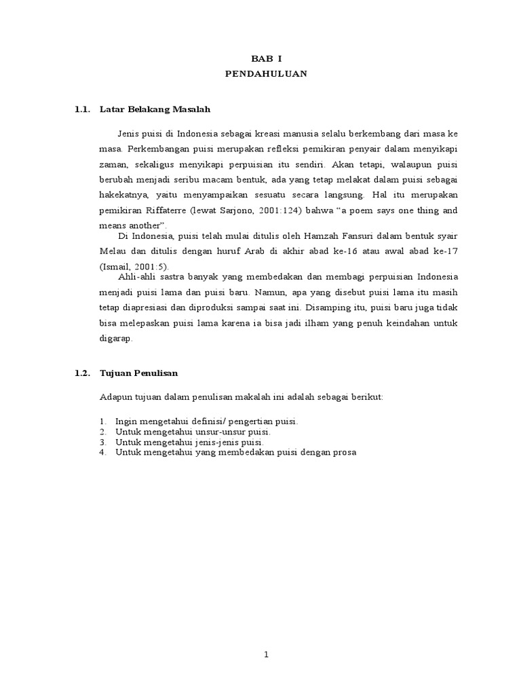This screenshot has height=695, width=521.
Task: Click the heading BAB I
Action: pyautogui.click(x=266, y=60)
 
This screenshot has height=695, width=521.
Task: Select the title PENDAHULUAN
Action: pyautogui.click(x=266, y=74)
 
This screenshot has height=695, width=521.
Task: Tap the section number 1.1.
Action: pyautogui.click(x=83, y=109)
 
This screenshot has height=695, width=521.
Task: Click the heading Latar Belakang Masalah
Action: pyautogui.click(x=155, y=109)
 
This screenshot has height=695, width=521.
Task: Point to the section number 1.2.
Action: pyautogui.click(x=83, y=373)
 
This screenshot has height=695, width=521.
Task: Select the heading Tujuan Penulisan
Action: pyautogui.click(x=138, y=373)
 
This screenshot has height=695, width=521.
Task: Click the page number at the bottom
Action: pyautogui.click(x=267, y=654)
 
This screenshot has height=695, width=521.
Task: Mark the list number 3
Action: pyautogui.click(x=102, y=442)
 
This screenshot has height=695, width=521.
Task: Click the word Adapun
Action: pyautogui.click(x=115, y=397)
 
